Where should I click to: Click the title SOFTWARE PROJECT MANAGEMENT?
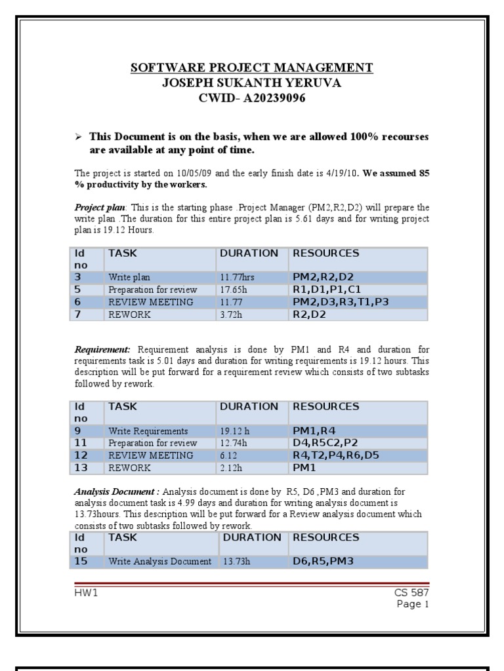tap(251, 67)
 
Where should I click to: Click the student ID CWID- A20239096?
tap(252, 99)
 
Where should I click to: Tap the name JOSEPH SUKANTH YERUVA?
tap(252, 83)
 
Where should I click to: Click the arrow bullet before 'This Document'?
tap(78, 138)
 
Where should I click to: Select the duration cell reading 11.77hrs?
tap(237, 278)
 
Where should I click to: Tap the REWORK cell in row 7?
tap(130, 315)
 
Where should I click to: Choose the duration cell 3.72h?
tap(234, 315)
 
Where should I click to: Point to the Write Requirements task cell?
tap(148, 431)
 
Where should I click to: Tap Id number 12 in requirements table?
tap(81, 455)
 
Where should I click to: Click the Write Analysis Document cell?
tap(160, 562)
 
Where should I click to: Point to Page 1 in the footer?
tap(413, 604)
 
